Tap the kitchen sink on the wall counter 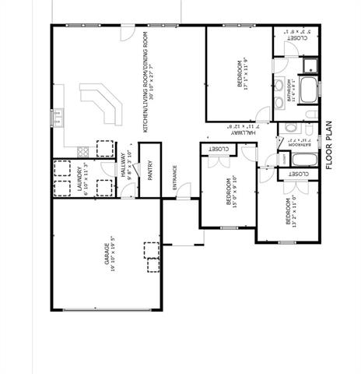click(x=56, y=118)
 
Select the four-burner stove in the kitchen click(x=103, y=148)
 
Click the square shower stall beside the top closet click(x=310, y=64)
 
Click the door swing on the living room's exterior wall click(x=127, y=34)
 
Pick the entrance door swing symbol click(x=184, y=190)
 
